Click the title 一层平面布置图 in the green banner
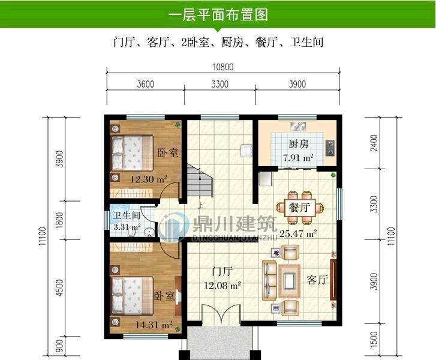click(218, 15)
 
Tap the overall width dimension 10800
click(221, 67)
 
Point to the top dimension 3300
click(219, 85)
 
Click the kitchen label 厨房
click(298, 145)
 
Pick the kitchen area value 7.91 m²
click(298, 158)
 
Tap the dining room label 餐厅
click(299, 208)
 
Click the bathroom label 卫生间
click(127, 216)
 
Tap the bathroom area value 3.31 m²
click(127, 227)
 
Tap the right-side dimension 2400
click(374, 144)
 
